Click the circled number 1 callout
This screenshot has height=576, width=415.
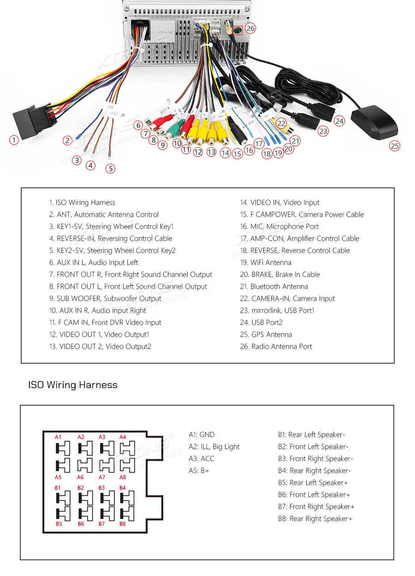[14, 139]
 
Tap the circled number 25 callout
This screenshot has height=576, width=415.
[394, 146]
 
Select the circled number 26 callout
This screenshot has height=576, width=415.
[250, 28]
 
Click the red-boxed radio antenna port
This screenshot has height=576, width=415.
[237, 31]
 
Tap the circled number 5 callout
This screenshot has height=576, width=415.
[110, 168]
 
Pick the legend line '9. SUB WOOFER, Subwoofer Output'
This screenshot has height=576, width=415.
[105, 299]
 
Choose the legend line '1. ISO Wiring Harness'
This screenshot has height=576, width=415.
[82, 203]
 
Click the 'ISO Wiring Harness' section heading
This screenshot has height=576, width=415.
[73, 385]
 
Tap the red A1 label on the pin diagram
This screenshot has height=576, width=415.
[58, 437]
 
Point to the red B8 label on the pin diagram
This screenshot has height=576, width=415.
[123, 524]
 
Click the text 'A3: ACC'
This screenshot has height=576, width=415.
[202, 459]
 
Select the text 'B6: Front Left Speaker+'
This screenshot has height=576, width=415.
[314, 495]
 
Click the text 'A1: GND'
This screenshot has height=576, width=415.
[202, 435]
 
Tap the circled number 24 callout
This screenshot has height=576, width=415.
[339, 121]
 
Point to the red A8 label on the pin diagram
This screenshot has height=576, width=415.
[123, 477]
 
